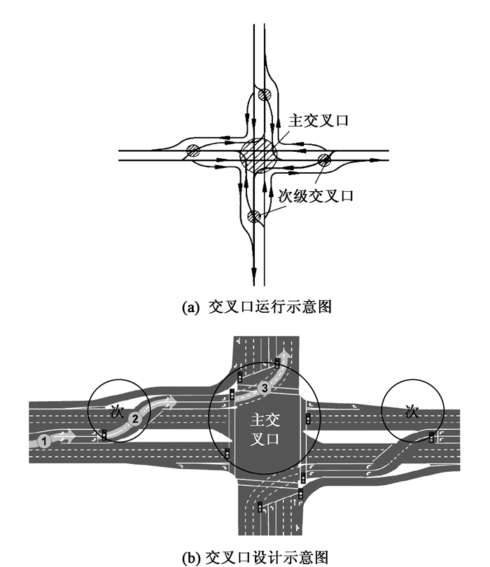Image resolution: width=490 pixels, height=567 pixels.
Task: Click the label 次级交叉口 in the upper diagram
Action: click(316, 196)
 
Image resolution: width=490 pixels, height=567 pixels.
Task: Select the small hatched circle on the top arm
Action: click(263, 95)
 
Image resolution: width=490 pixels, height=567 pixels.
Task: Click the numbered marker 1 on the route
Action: click(45, 441)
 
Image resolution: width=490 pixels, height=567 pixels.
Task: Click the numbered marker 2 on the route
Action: click(136, 418)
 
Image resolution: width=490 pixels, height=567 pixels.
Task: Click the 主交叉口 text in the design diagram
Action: click(264, 430)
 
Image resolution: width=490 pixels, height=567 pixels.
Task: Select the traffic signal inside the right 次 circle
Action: click(430, 437)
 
